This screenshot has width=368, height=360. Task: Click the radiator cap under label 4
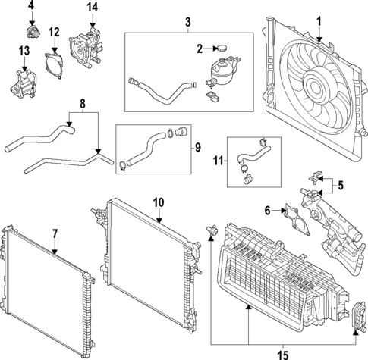coord(32,32)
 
